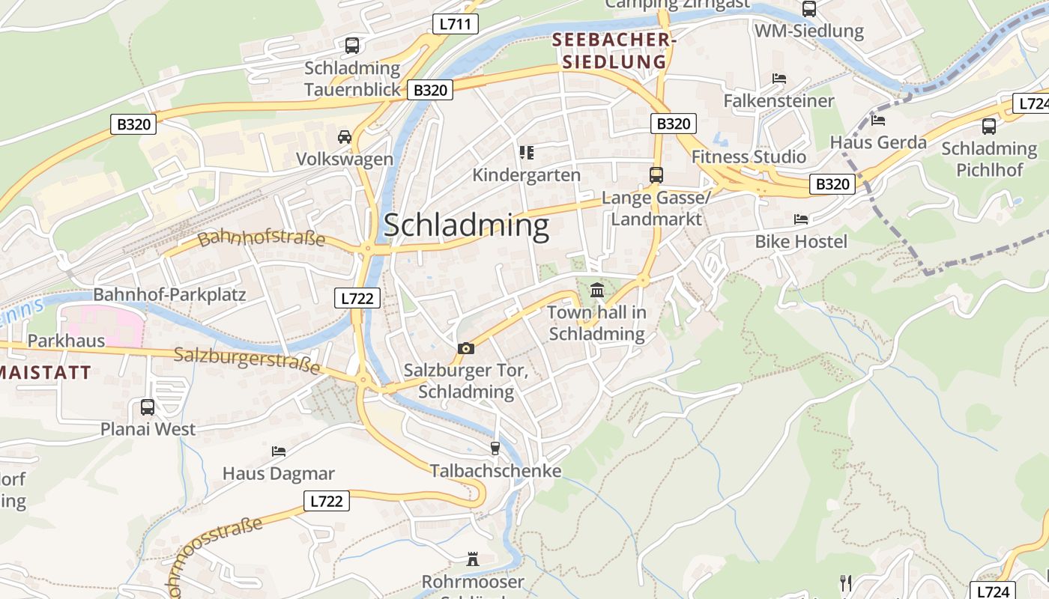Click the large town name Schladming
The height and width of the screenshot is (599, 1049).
[466, 225]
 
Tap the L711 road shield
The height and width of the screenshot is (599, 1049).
[455, 24]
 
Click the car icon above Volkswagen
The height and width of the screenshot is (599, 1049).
[345, 137]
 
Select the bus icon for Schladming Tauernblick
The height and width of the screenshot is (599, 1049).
[352, 46]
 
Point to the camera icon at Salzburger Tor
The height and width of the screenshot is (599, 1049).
[466, 348]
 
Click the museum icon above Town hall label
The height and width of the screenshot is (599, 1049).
[596, 290]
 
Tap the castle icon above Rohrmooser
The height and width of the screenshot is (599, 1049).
[473, 559]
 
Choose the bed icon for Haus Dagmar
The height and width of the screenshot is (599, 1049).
[279, 451]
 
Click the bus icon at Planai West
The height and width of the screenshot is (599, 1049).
[148, 407]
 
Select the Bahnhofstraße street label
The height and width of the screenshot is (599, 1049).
[262, 239]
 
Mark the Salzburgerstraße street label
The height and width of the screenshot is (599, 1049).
[247, 360]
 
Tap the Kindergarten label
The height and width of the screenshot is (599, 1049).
[526, 175]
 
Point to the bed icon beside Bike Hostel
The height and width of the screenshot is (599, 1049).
[801, 219]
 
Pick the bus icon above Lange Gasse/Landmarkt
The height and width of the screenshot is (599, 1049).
[656, 175]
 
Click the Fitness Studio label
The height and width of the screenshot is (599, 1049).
[749, 157]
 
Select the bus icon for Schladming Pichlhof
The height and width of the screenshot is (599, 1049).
[989, 127]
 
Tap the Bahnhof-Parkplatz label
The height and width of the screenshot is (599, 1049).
[169, 294]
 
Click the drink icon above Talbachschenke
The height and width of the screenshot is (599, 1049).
[495, 449]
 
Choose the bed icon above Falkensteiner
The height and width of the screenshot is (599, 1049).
[779, 79]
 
